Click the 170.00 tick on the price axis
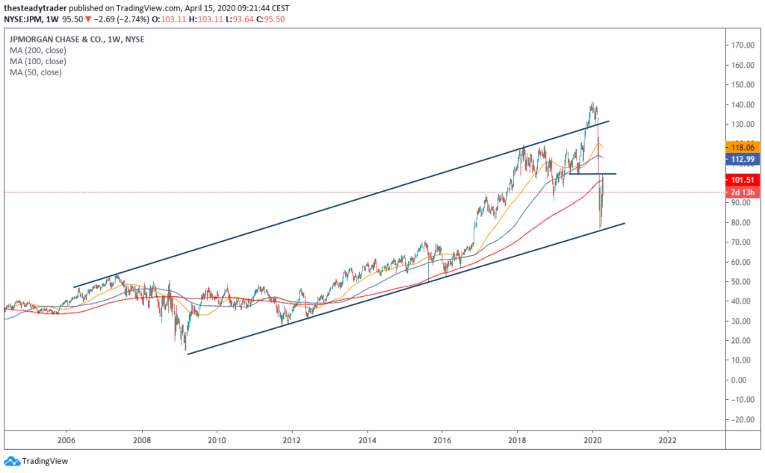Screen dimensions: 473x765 [x=741, y=45]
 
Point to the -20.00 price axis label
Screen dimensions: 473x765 [x=741, y=419]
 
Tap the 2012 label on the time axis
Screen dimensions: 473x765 [x=292, y=439]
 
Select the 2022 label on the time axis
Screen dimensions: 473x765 [x=668, y=439]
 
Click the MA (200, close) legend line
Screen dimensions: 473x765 [x=38, y=50]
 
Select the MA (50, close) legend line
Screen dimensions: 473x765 [x=36, y=72]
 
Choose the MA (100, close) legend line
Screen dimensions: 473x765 [x=38, y=61]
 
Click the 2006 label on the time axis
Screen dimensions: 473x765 [x=66, y=439]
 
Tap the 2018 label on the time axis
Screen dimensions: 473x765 [x=517, y=439]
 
